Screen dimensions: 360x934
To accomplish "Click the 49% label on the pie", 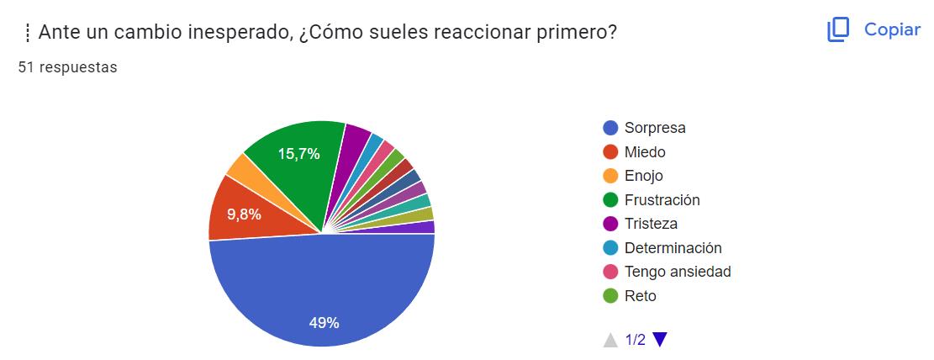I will pyautogui.click(x=324, y=322).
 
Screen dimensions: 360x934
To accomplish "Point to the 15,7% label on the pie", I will pyautogui.click(x=298, y=154).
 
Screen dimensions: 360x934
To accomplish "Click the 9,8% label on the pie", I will pyautogui.click(x=244, y=214).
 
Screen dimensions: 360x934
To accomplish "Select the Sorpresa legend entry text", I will pyautogui.click(x=655, y=128).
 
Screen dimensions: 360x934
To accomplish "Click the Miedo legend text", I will pyautogui.click(x=645, y=152).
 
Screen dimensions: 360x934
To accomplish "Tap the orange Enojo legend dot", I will pyautogui.click(x=611, y=176).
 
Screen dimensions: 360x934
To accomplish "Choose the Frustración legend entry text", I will pyautogui.click(x=662, y=200).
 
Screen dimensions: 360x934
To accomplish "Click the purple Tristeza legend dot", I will pyautogui.click(x=611, y=224).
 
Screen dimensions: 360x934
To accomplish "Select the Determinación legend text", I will pyautogui.click(x=673, y=248).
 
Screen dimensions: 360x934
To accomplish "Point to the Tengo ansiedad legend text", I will pyautogui.click(x=678, y=272).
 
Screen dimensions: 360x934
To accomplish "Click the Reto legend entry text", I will pyautogui.click(x=640, y=296).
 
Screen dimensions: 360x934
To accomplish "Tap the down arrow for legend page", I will pyautogui.click(x=660, y=340).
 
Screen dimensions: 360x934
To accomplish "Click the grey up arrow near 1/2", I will pyautogui.click(x=611, y=340).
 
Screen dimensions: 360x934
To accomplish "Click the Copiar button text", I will pyautogui.click(x=892, y=29).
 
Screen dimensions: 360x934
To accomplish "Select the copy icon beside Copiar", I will pyautogui.click(x=838, y=30).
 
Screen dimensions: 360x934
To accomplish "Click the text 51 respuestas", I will pyautogui.click(x=67, y=67).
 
